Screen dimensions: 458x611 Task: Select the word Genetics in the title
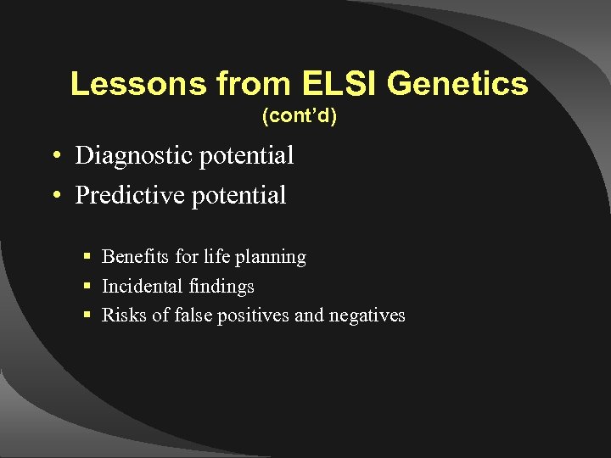[458, 84]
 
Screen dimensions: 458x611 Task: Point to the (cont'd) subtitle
[300, 116]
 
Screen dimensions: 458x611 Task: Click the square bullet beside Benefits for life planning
[87, 257]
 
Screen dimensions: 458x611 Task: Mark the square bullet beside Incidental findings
[87, 287]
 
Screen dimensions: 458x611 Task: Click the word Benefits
[130, 256]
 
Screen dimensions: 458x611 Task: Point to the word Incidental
[138, 287]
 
